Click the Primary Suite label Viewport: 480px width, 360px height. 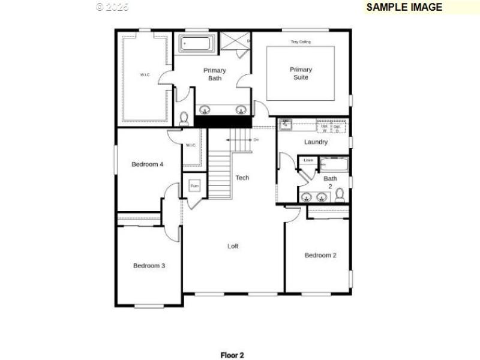(301, 73)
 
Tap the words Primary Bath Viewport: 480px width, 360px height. (214, 74)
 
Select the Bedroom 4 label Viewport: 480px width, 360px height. (147, 164)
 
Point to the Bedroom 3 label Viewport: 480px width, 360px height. (149, 266)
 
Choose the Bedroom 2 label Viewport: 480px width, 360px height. (320, 255)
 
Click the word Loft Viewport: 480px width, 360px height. (233, 246)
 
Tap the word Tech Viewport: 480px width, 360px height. (242, 178)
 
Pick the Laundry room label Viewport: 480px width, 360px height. (316, 142)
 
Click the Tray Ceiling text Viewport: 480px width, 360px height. (301, 42)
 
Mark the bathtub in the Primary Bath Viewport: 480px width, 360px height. (196, 44)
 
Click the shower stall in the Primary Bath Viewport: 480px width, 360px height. (236, 43)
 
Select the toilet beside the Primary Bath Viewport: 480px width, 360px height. (184, 118)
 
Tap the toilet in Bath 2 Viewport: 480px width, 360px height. (340, 194)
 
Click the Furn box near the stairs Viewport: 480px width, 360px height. (194, 186)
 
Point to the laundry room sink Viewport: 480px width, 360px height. (286, 124)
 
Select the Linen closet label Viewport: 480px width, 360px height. (308, 160)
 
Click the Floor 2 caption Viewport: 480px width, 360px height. (232, 355)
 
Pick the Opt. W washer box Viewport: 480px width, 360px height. (325, 127)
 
